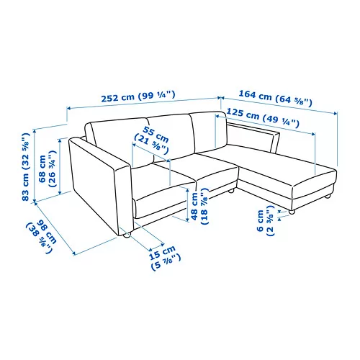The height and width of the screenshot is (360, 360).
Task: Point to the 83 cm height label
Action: [27, 166]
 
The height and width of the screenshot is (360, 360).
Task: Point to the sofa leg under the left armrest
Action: [125, 234]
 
